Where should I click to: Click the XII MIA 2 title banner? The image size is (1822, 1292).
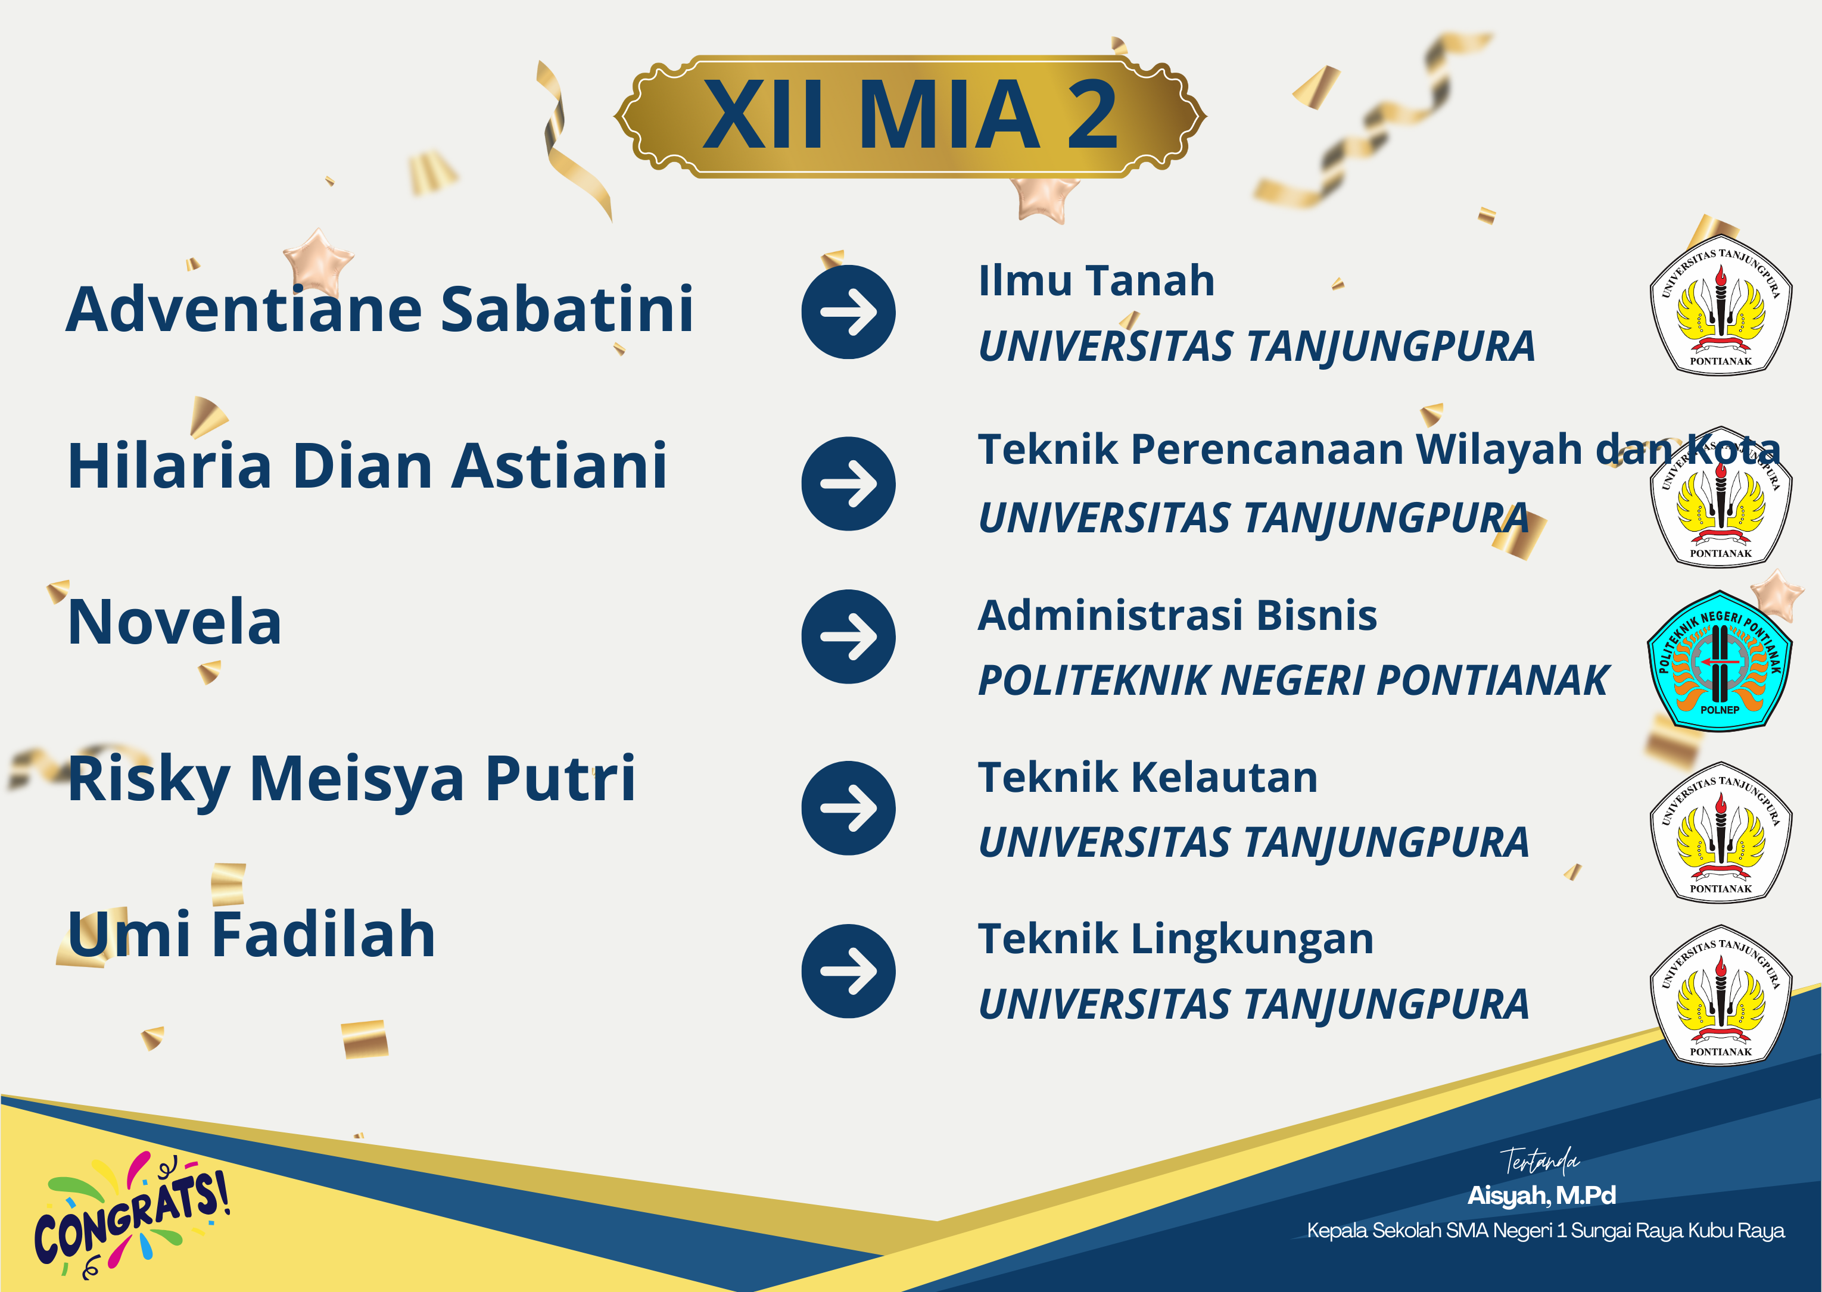[910, 116]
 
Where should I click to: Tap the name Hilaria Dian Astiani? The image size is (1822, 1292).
[367, 466]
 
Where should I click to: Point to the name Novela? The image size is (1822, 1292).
[175, 622]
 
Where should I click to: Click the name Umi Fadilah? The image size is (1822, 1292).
[251, 935]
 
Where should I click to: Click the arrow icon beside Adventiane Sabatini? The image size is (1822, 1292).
[848, 312]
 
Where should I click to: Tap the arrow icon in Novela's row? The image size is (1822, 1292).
[848, 636]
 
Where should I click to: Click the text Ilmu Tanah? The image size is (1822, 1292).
[1097, 281]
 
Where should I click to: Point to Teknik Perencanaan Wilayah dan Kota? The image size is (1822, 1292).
[1379, 450]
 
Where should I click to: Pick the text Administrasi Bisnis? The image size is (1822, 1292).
[1178, 616]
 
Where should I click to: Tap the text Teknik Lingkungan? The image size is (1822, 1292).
[1176, 940]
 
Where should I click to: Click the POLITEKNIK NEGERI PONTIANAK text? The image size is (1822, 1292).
[1293, 681]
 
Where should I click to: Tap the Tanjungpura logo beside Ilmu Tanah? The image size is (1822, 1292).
[1720, 305]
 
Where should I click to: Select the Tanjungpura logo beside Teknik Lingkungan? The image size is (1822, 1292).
[1720, 994]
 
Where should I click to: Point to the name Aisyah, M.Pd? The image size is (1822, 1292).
[1541, 1195]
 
